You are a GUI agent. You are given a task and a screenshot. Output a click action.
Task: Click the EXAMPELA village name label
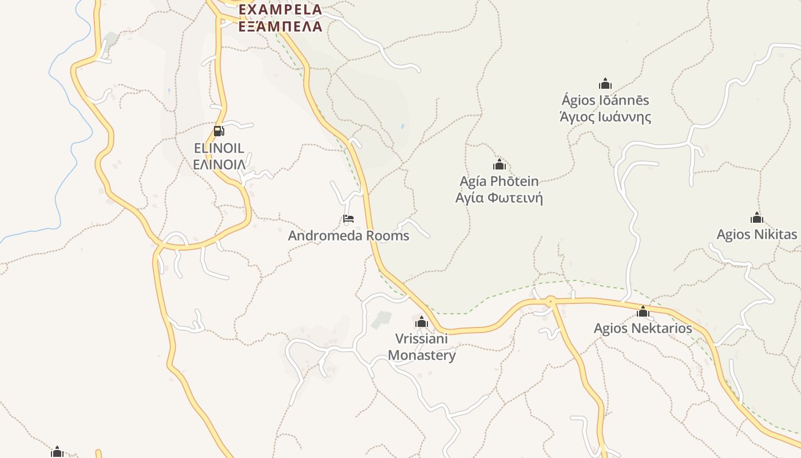280,10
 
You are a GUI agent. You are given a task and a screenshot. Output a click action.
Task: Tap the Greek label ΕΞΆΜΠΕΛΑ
280,26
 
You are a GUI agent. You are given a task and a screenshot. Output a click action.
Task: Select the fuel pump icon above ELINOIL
219,131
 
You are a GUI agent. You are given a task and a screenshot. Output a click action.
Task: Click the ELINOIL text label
219,148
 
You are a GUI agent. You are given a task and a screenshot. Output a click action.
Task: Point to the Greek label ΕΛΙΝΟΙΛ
219,165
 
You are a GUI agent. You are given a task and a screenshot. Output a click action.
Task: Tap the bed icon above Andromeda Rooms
348,219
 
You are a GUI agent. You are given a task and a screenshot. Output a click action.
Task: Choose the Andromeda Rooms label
348,235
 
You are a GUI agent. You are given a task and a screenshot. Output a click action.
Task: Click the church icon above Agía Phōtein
499,165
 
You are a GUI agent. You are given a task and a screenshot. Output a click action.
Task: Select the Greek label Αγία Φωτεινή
499,198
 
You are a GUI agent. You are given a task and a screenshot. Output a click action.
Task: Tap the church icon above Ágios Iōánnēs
605,84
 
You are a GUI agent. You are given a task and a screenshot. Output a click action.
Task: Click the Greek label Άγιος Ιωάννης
605,117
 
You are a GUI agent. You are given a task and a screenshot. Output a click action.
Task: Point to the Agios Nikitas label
756,234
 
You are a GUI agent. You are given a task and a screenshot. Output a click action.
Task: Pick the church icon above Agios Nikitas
757,218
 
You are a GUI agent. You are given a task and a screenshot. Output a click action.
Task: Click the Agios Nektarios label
643,329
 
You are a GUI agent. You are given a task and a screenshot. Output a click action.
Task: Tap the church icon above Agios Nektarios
643,312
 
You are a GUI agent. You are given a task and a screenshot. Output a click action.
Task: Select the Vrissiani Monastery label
422,346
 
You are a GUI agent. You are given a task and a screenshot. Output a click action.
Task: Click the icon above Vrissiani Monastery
422,322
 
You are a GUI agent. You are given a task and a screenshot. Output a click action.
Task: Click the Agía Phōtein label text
499,181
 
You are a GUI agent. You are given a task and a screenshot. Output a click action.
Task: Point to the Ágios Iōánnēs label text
605,101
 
